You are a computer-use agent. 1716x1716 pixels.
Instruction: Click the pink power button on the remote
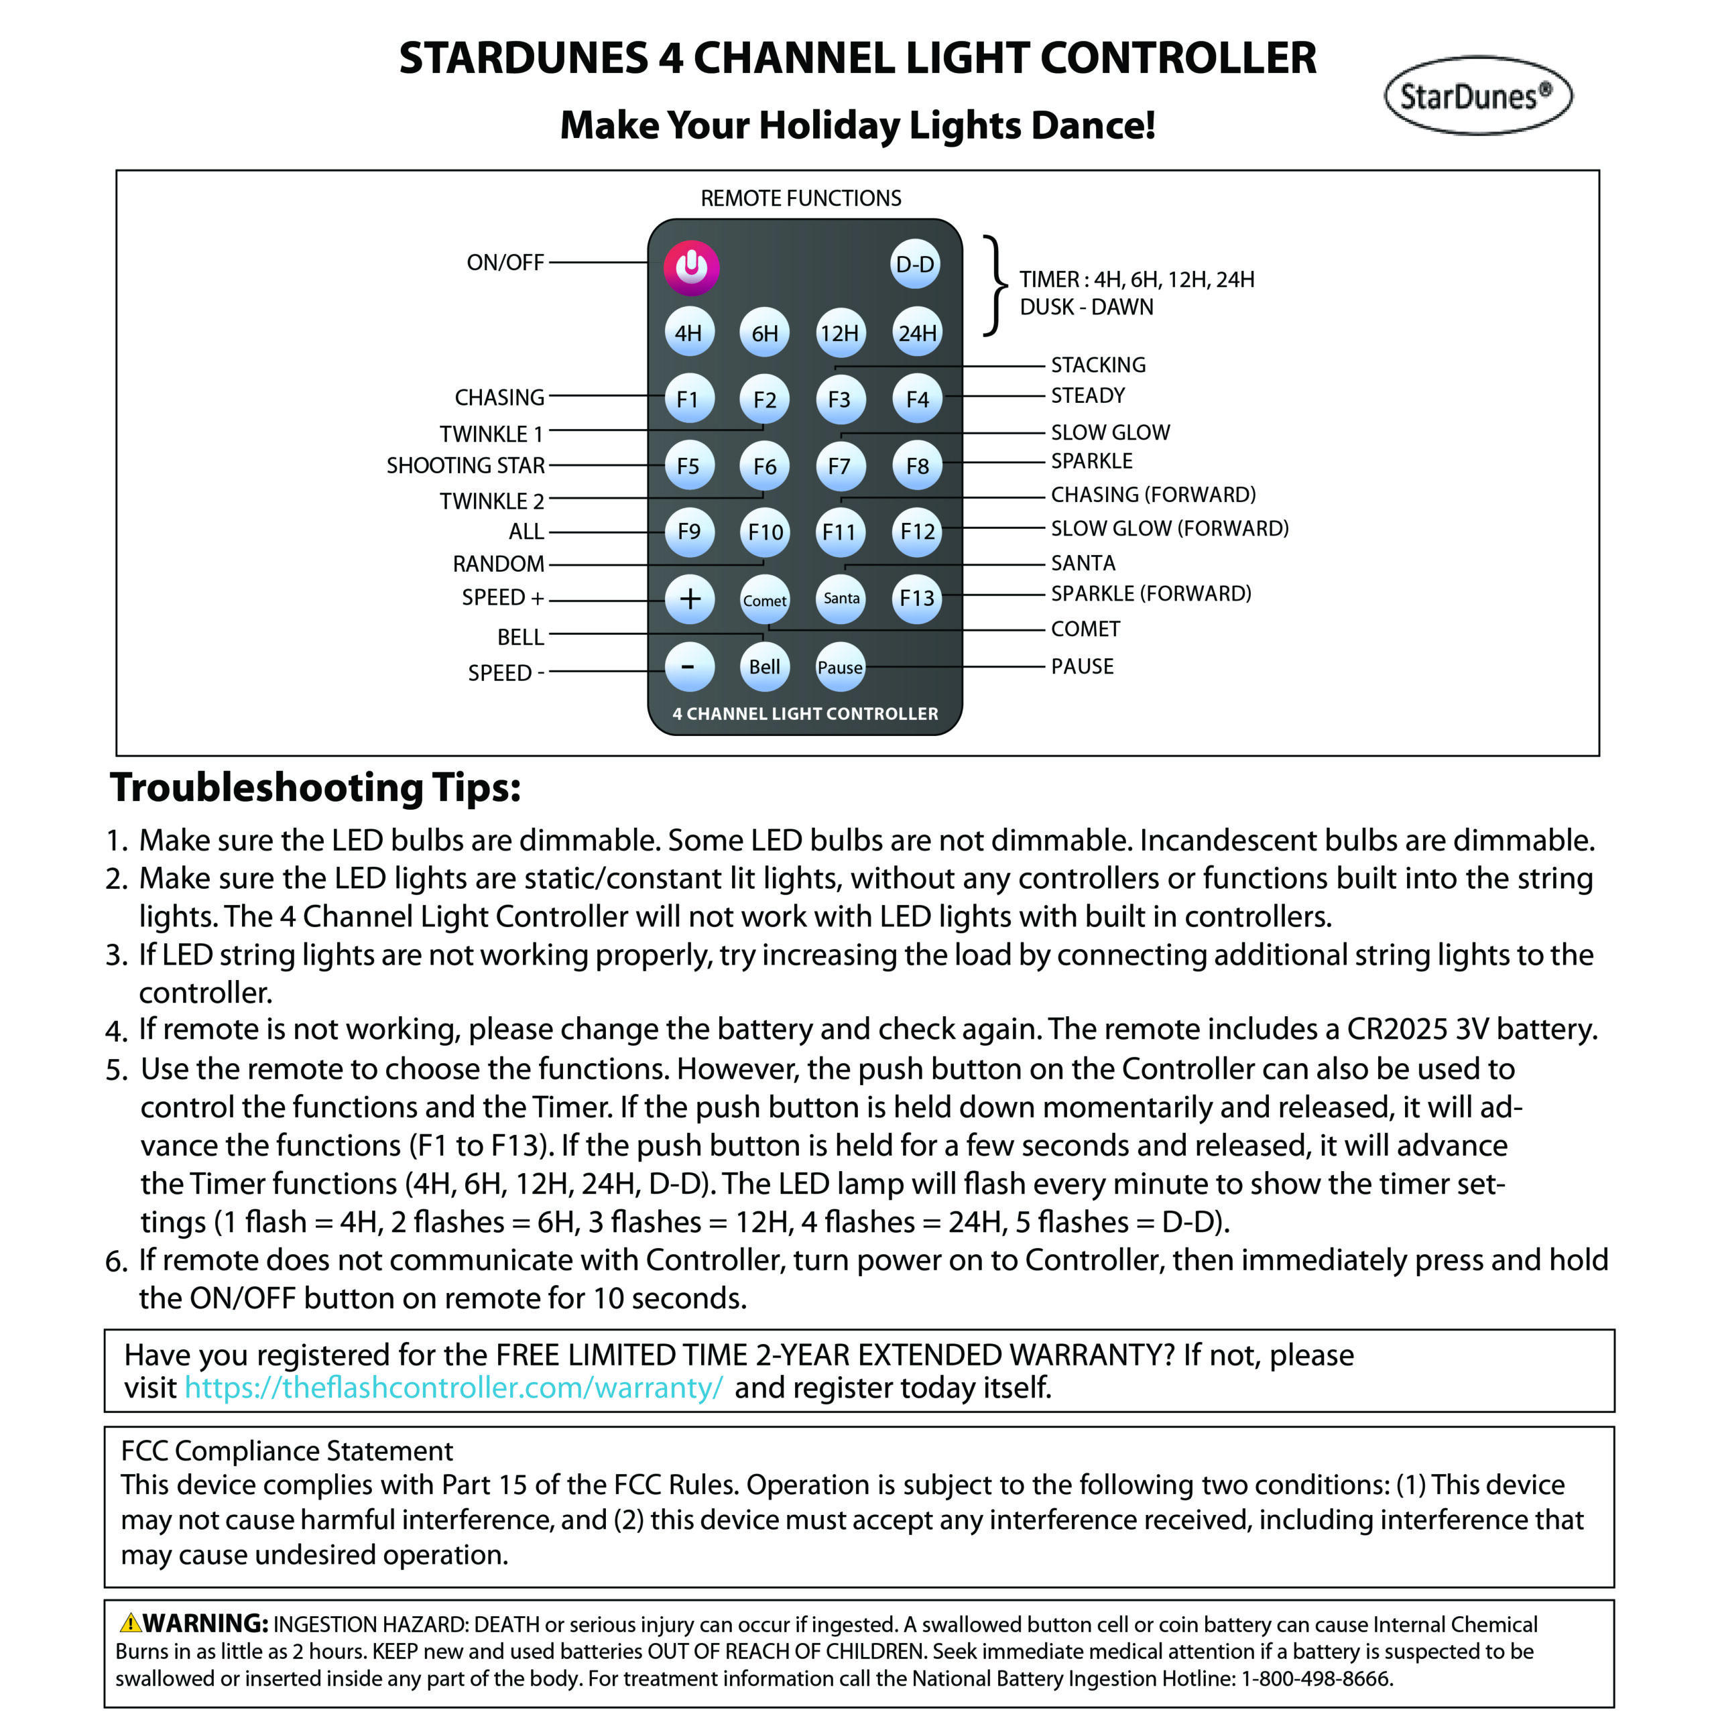tap(691, 267)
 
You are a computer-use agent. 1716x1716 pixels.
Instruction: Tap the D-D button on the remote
tap(915, 265)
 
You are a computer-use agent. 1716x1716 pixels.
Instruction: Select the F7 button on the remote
tap(839, 465)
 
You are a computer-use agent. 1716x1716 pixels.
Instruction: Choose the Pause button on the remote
tap(839, 667)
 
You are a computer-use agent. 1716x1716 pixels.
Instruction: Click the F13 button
tap(916, 598)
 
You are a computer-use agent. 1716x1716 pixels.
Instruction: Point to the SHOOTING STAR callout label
tap(465, 465)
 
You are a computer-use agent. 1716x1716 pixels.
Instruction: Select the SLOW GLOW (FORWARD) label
tap(1169, 528)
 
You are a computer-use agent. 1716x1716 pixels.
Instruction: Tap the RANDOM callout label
tap(498, 564)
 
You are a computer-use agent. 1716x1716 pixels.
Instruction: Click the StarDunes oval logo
tap(1477, 96)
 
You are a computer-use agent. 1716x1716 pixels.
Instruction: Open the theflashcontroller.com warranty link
tap(454, 1388)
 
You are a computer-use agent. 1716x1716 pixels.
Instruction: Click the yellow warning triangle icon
tap(129, 1623)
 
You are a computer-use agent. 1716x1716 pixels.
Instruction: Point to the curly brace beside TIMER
tap(997, 286)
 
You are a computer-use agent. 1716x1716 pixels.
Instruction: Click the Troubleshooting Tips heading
tap(315, 788)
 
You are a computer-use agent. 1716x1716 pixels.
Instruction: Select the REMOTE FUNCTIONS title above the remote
tap(800, 198)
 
